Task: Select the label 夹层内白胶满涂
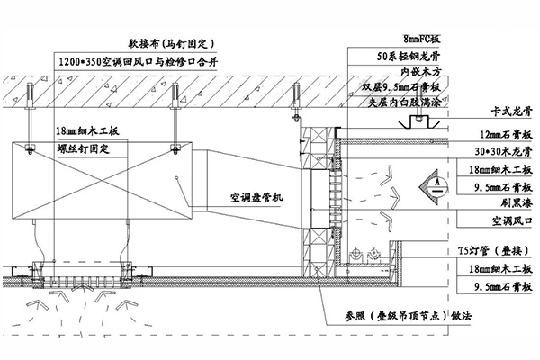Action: click(405, 103)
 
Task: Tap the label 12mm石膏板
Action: click(494, 135)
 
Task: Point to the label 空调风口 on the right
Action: click(492, 220)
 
